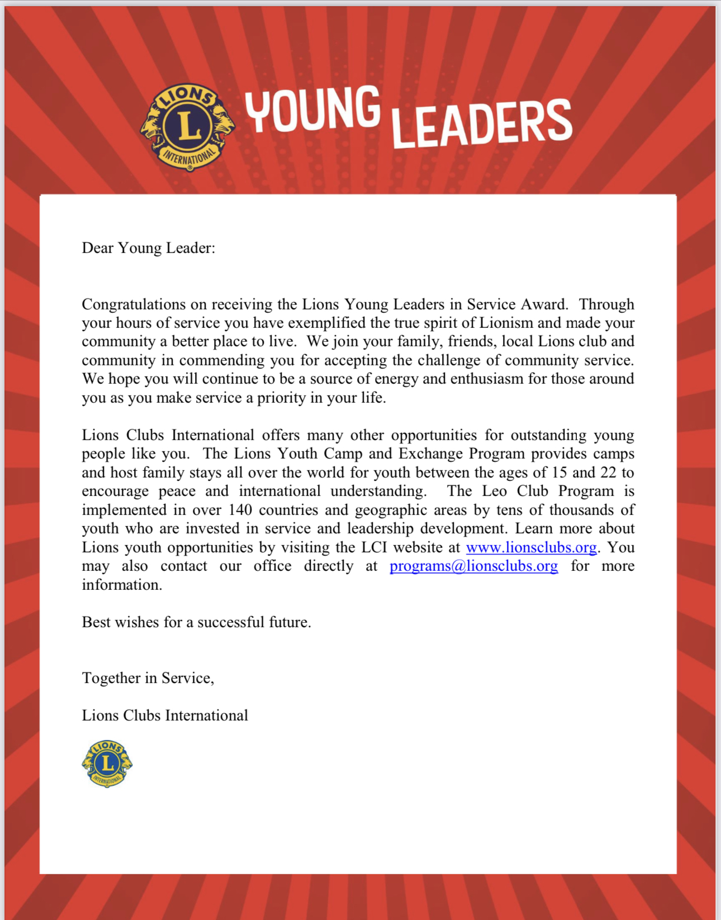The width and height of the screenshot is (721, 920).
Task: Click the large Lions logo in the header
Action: point(188,127)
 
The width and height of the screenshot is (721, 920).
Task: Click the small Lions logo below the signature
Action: point(107,764)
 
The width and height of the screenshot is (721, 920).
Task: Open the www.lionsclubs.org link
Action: point(531,547)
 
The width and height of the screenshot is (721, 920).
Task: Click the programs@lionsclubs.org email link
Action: point(473,566)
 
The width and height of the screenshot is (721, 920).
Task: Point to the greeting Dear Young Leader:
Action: point(148,247)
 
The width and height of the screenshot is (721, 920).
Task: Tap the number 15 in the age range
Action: point(559,473)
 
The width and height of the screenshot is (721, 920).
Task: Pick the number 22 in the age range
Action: point(608,473)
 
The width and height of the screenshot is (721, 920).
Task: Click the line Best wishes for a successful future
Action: point(196,622)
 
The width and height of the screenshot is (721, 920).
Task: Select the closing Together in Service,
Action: point(148,678)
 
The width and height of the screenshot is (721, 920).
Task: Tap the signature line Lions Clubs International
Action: point(165,716)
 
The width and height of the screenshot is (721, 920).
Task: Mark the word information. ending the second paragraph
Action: point(122,585)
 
